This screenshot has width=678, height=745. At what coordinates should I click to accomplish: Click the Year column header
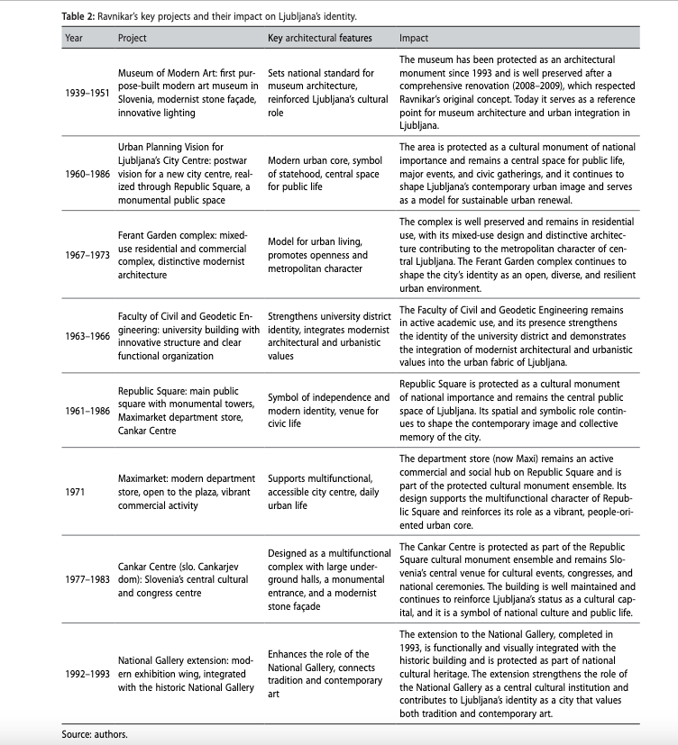click(73, 39)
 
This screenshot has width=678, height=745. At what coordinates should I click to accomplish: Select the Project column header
click(133, 39)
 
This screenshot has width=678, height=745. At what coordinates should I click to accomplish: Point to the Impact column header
click(414, 39)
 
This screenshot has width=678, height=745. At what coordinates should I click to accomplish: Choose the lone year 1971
click(75, 493)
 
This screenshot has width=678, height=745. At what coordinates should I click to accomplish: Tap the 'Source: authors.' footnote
click(95, 733)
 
